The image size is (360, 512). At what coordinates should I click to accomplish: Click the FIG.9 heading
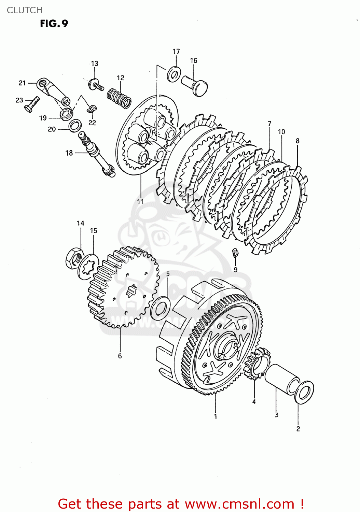click(x=54, y=24)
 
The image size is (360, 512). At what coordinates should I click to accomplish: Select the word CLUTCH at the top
click(x=25, y=10)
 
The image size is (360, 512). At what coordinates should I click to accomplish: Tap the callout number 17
click(x=176, y=52)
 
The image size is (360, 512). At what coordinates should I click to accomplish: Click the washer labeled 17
click(x=174, y=74)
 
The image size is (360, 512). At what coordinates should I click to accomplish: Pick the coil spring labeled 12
click(x=119, y=98)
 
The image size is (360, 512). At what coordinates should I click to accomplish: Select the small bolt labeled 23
click(x=32, y=104)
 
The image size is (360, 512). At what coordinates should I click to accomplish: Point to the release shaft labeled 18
click(x=97, y=155)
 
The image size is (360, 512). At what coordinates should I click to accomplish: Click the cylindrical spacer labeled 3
click(x=281, y=379)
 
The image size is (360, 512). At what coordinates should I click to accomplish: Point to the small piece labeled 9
click(x=235, y=253)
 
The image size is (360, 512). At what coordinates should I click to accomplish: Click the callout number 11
click(x=140, y=202)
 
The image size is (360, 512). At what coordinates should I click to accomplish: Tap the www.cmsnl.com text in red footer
click(x=239, y=504)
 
